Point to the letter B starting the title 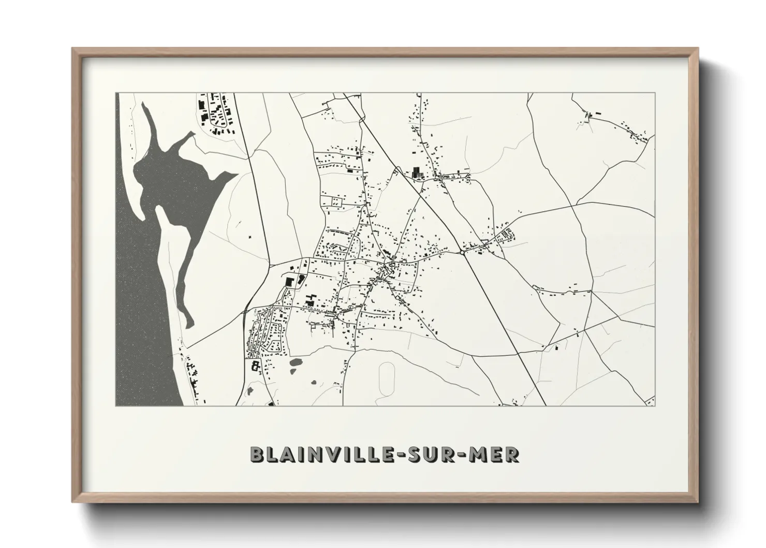point(257,454)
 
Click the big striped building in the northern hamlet point(416,172)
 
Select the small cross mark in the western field point(249,237)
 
